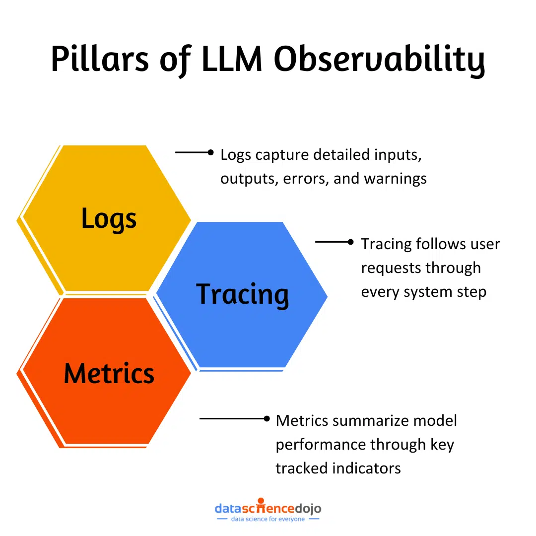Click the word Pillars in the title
tap(99, 60)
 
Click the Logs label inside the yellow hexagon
tap(109, 219)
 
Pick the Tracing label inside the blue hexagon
tap(242, 294)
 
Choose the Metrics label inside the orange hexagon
tap(109, 373)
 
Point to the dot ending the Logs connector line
tap(210, 153)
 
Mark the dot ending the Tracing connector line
tap(350, 242)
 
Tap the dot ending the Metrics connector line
tap(267, 419)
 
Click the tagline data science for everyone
tap(268, 519)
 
